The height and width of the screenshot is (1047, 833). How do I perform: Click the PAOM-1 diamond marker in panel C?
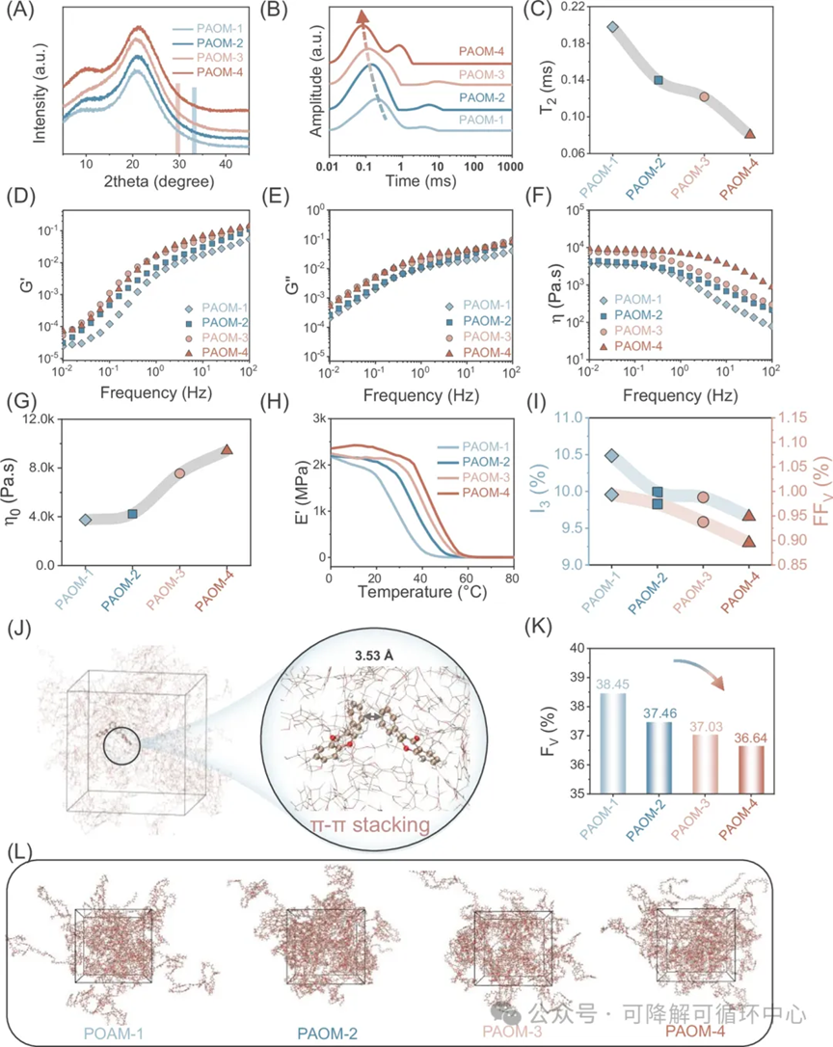point(612,26)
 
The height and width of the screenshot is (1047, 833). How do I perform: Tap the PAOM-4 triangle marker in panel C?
point(750,133)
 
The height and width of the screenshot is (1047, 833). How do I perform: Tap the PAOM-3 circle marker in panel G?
point(180,473)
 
